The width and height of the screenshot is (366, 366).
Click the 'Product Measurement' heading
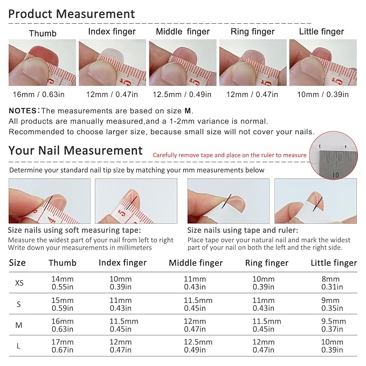72,14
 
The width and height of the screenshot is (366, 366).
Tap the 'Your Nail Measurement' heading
75,150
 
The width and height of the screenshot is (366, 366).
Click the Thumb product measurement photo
42,63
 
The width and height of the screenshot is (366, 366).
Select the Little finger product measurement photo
323,63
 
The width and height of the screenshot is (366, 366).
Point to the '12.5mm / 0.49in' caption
182,94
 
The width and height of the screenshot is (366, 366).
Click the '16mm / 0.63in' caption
38,94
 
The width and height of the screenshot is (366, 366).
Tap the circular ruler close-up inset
333,155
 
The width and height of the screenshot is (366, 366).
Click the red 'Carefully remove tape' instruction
230,155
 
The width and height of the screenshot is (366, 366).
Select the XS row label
19,283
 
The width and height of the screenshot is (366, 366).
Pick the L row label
18,346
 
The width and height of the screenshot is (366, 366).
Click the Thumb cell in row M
63,325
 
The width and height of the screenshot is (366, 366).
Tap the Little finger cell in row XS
332,283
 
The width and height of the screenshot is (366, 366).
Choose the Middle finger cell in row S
198,304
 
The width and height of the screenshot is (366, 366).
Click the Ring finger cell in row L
263,346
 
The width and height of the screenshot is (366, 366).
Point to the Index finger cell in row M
124,325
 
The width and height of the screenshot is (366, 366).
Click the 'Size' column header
17,263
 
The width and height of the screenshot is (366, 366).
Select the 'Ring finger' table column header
267,263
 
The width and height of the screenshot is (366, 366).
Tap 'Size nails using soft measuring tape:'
74,230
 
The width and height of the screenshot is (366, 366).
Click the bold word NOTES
23,111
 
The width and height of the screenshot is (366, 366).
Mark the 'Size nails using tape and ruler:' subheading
243,230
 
